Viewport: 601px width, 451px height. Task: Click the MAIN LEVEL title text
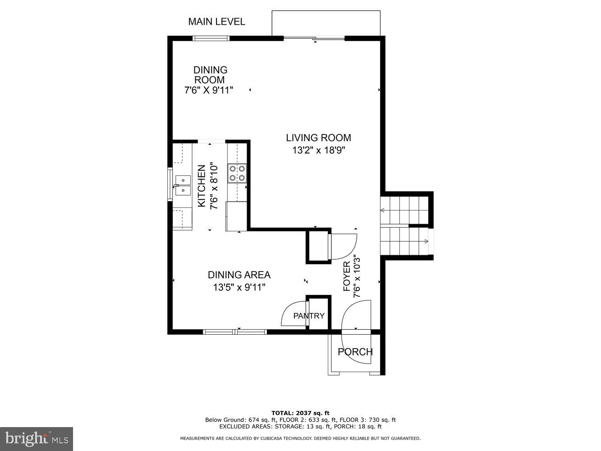tap(216, 22)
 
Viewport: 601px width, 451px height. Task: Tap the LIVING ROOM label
tap(318, 138)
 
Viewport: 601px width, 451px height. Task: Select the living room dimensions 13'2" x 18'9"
tap(318, 150)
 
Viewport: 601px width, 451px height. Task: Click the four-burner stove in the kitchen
tap(237, 173)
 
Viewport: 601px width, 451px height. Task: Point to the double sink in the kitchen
tap(183, 185)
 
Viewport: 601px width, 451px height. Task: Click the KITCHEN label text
tap(202, 186)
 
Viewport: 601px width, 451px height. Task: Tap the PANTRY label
tap(309, 316)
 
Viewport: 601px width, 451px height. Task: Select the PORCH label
tap(355, 352)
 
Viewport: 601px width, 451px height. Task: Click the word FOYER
tap(347, 276)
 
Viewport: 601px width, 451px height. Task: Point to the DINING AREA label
tap(239, 275)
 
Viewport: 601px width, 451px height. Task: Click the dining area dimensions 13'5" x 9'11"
tap(239, 287)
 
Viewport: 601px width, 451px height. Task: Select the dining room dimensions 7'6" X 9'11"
tap(209, 90)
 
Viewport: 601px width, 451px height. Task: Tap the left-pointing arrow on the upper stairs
tap(383, 210)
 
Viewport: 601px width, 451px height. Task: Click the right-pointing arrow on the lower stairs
tap(425, 242)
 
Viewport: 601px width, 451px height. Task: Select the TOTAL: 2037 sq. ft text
tap(300, 413)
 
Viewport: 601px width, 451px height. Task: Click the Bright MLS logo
tap(37, 438)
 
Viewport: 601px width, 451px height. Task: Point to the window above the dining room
tap(211, 38)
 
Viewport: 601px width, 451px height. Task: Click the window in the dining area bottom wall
tap(235, 332)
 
